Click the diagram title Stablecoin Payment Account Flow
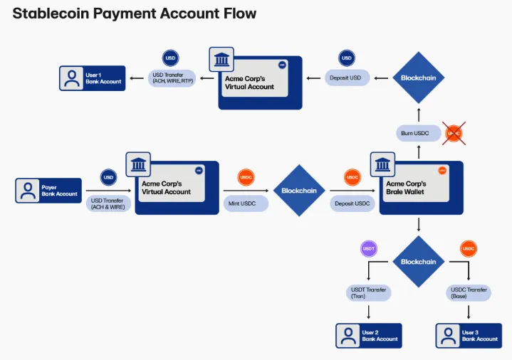(135, 14)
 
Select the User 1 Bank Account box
(92, 78)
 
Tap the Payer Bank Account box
(48, 191)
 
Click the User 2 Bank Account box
(369, 336)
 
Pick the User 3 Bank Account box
(469, 336)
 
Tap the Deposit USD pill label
(347, 78)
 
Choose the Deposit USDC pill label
(352, 203)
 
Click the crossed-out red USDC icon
(454, 133)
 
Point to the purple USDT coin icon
(369, 248)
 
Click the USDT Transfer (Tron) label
(368, 293)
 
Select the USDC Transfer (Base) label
(469, 293)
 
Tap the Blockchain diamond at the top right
(418, 78)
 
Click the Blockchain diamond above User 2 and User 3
(418, 261)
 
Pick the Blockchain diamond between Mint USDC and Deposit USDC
(298, 191)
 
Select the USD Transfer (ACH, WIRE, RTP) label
(172, 78)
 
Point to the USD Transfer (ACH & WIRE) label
(108, 203)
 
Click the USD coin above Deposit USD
(347, 58)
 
